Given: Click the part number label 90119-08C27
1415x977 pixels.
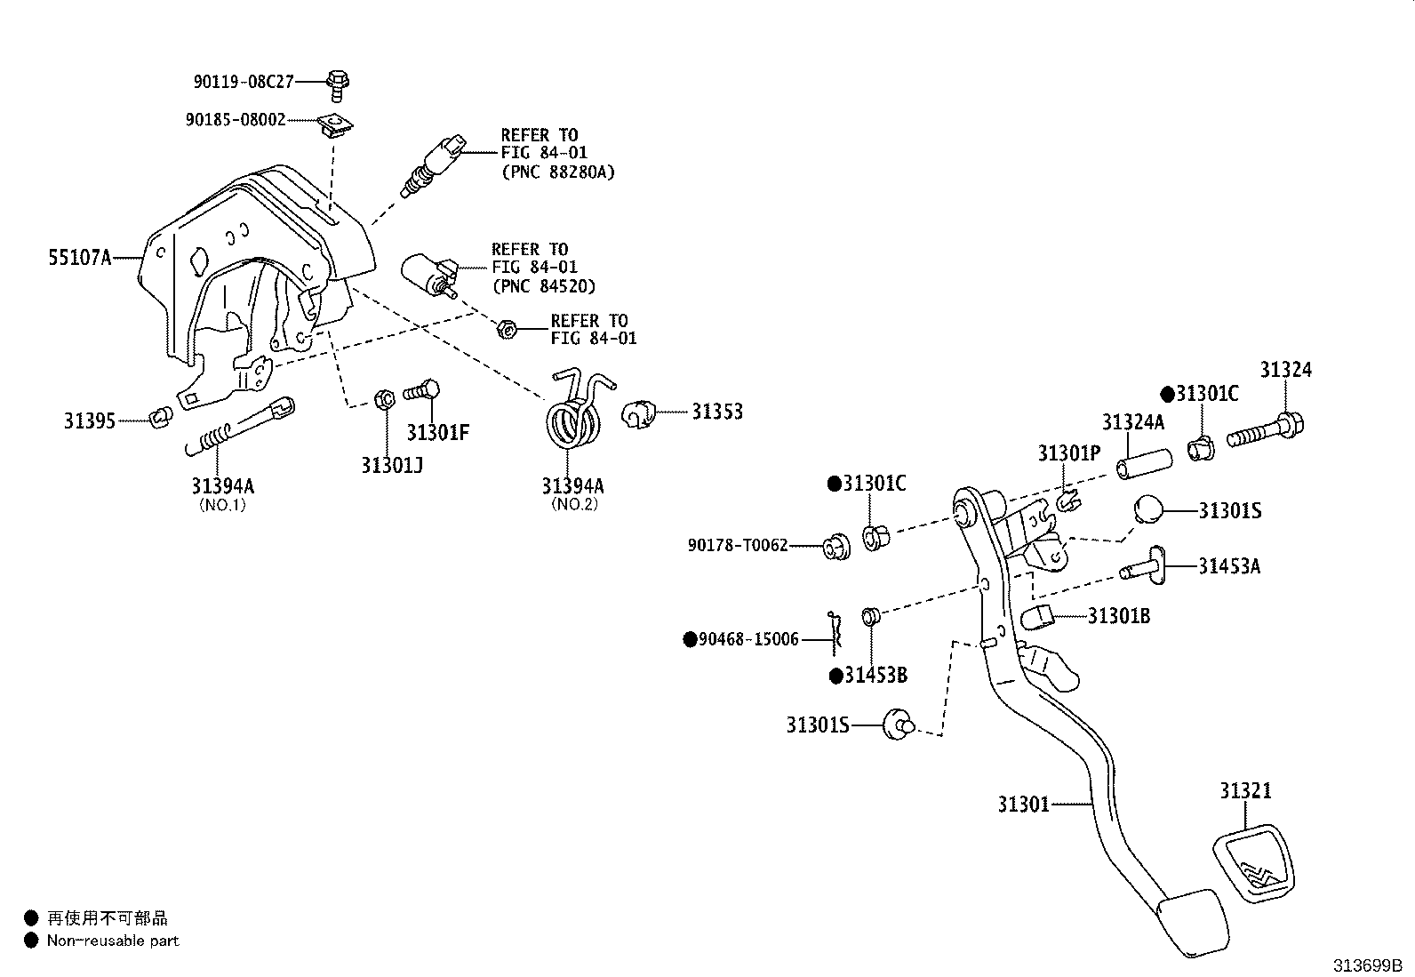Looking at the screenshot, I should coord(244,82).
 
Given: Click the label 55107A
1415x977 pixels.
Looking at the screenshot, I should coord(79,258).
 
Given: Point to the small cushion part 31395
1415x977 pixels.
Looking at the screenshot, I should coord(160,415).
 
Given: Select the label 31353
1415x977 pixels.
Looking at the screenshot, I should coord(717,412).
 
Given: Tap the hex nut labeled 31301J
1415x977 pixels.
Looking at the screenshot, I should coord(385,399).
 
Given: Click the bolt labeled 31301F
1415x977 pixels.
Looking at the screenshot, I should coord(423,390).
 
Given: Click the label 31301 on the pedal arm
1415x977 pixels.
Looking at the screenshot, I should coord(1023,805).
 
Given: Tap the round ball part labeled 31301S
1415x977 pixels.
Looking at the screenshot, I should coord(1147,510).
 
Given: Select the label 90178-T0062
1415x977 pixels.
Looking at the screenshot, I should coord(737,545).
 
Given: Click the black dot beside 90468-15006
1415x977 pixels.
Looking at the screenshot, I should coord(689,639).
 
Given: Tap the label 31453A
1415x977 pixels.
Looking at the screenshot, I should coord(1228,566).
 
